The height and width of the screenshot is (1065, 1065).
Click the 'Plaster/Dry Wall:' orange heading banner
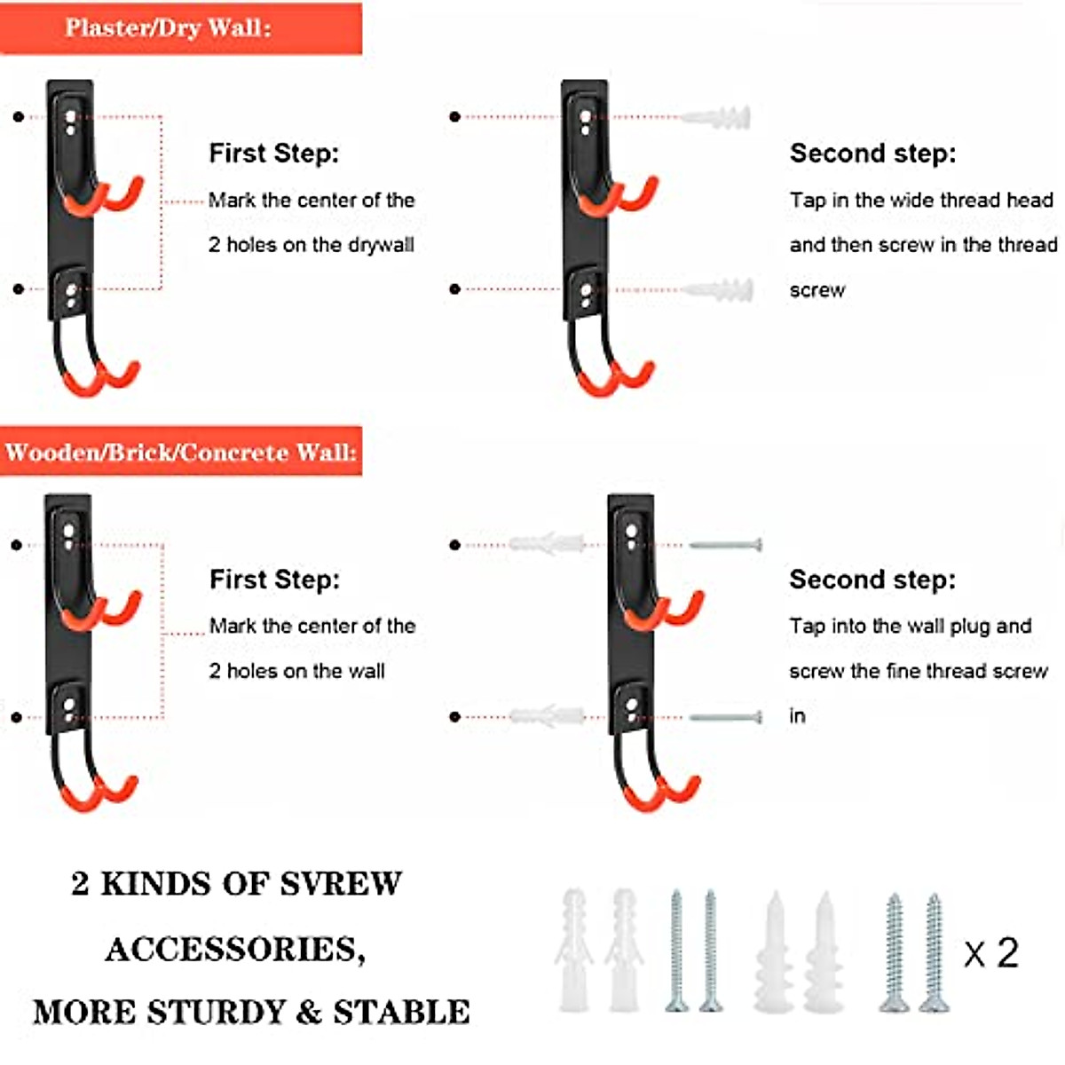(x=180, y=28)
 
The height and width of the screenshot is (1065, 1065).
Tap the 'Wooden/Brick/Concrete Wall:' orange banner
(x=180, y=452)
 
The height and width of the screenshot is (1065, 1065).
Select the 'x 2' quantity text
(x=991, y=953)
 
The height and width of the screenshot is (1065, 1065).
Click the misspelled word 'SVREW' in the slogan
(x=341, y=884)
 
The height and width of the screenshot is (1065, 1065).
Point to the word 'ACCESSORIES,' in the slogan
(x=235, y=950)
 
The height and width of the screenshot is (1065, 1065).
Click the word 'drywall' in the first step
(x=381, y=245)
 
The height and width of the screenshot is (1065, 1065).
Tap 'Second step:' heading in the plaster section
(x=872, y=154)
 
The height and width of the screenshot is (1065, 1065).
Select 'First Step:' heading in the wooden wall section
(x=274, y=580)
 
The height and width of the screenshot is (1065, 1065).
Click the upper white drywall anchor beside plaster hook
(x=716, y=117)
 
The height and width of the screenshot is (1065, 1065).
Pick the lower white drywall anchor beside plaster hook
(x=718, y=289)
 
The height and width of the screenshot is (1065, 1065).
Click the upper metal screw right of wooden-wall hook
(x=726, y=544)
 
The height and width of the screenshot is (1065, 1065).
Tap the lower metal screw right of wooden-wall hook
(x=726, y=717)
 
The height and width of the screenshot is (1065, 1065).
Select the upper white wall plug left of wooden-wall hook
(x=547, y=543)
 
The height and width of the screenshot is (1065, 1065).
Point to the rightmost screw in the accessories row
(x=934, y=952)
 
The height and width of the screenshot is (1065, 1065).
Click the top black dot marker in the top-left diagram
(x=19, y=116)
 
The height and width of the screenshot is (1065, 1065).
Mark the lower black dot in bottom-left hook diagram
(x=17, y=717)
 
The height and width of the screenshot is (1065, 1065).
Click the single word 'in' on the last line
(x=797, y=716)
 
